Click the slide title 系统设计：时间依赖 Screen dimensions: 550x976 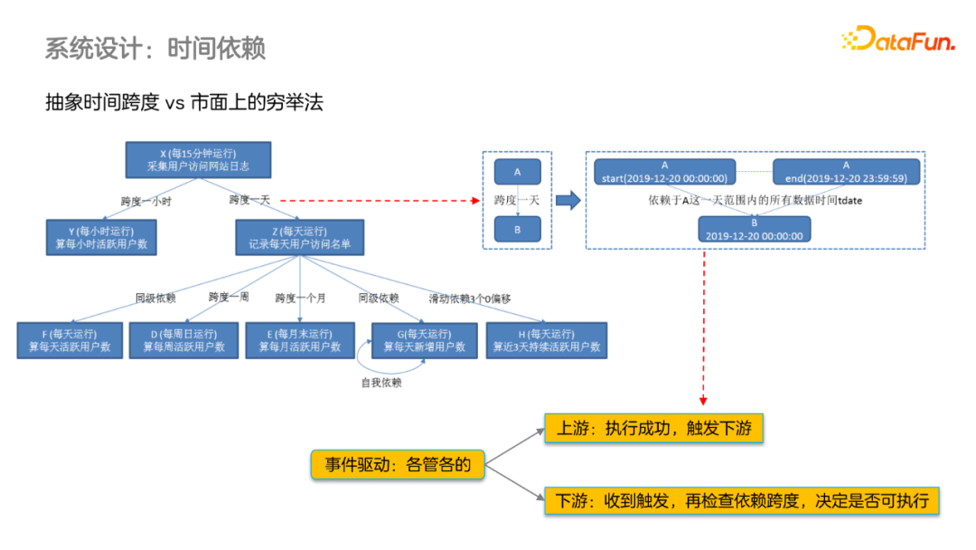155,47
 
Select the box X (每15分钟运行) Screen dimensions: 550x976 198,160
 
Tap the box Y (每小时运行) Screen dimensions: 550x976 101,237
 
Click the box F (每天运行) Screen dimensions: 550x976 70,340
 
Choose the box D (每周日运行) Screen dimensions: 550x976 183,340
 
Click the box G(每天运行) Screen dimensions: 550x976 424,340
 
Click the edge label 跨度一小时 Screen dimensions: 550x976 145,201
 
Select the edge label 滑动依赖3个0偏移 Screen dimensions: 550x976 469,298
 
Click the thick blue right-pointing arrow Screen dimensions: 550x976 568,200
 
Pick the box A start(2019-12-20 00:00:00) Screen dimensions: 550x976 664,172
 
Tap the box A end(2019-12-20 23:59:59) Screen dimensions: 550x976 846,172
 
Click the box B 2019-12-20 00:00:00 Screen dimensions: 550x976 755,228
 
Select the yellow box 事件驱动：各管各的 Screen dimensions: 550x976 398,465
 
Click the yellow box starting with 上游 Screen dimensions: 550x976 654,429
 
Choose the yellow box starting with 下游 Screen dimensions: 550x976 741,499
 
